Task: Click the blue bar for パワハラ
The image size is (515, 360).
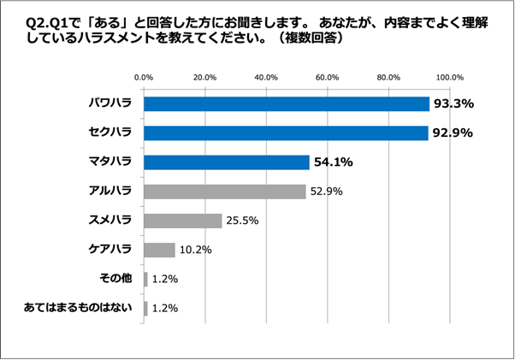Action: coord(287,103)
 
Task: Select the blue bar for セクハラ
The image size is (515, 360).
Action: coord(286,133)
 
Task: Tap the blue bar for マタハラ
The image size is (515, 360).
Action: coord(227,162)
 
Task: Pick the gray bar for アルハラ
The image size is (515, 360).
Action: coord(225,191)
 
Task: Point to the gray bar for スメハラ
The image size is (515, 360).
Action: coord(183,221)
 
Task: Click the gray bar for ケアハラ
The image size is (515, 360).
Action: coord(160,250)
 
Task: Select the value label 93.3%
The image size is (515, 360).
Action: coord(453,104)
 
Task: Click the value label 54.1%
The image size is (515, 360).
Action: coord(334,162)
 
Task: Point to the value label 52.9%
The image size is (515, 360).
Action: coord(326,192)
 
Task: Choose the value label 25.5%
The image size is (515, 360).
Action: coord(241,221)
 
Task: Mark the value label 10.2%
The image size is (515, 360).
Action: coord(195,251)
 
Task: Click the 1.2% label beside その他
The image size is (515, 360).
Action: coord(164,280)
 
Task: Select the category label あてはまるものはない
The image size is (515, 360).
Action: coord(79,308)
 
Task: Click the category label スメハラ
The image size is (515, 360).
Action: coord(110,221)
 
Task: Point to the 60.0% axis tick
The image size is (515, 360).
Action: coord(328,78)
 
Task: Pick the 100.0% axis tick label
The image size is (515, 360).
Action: coord(450,78)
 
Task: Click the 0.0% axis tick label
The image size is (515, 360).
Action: coord(144,78)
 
